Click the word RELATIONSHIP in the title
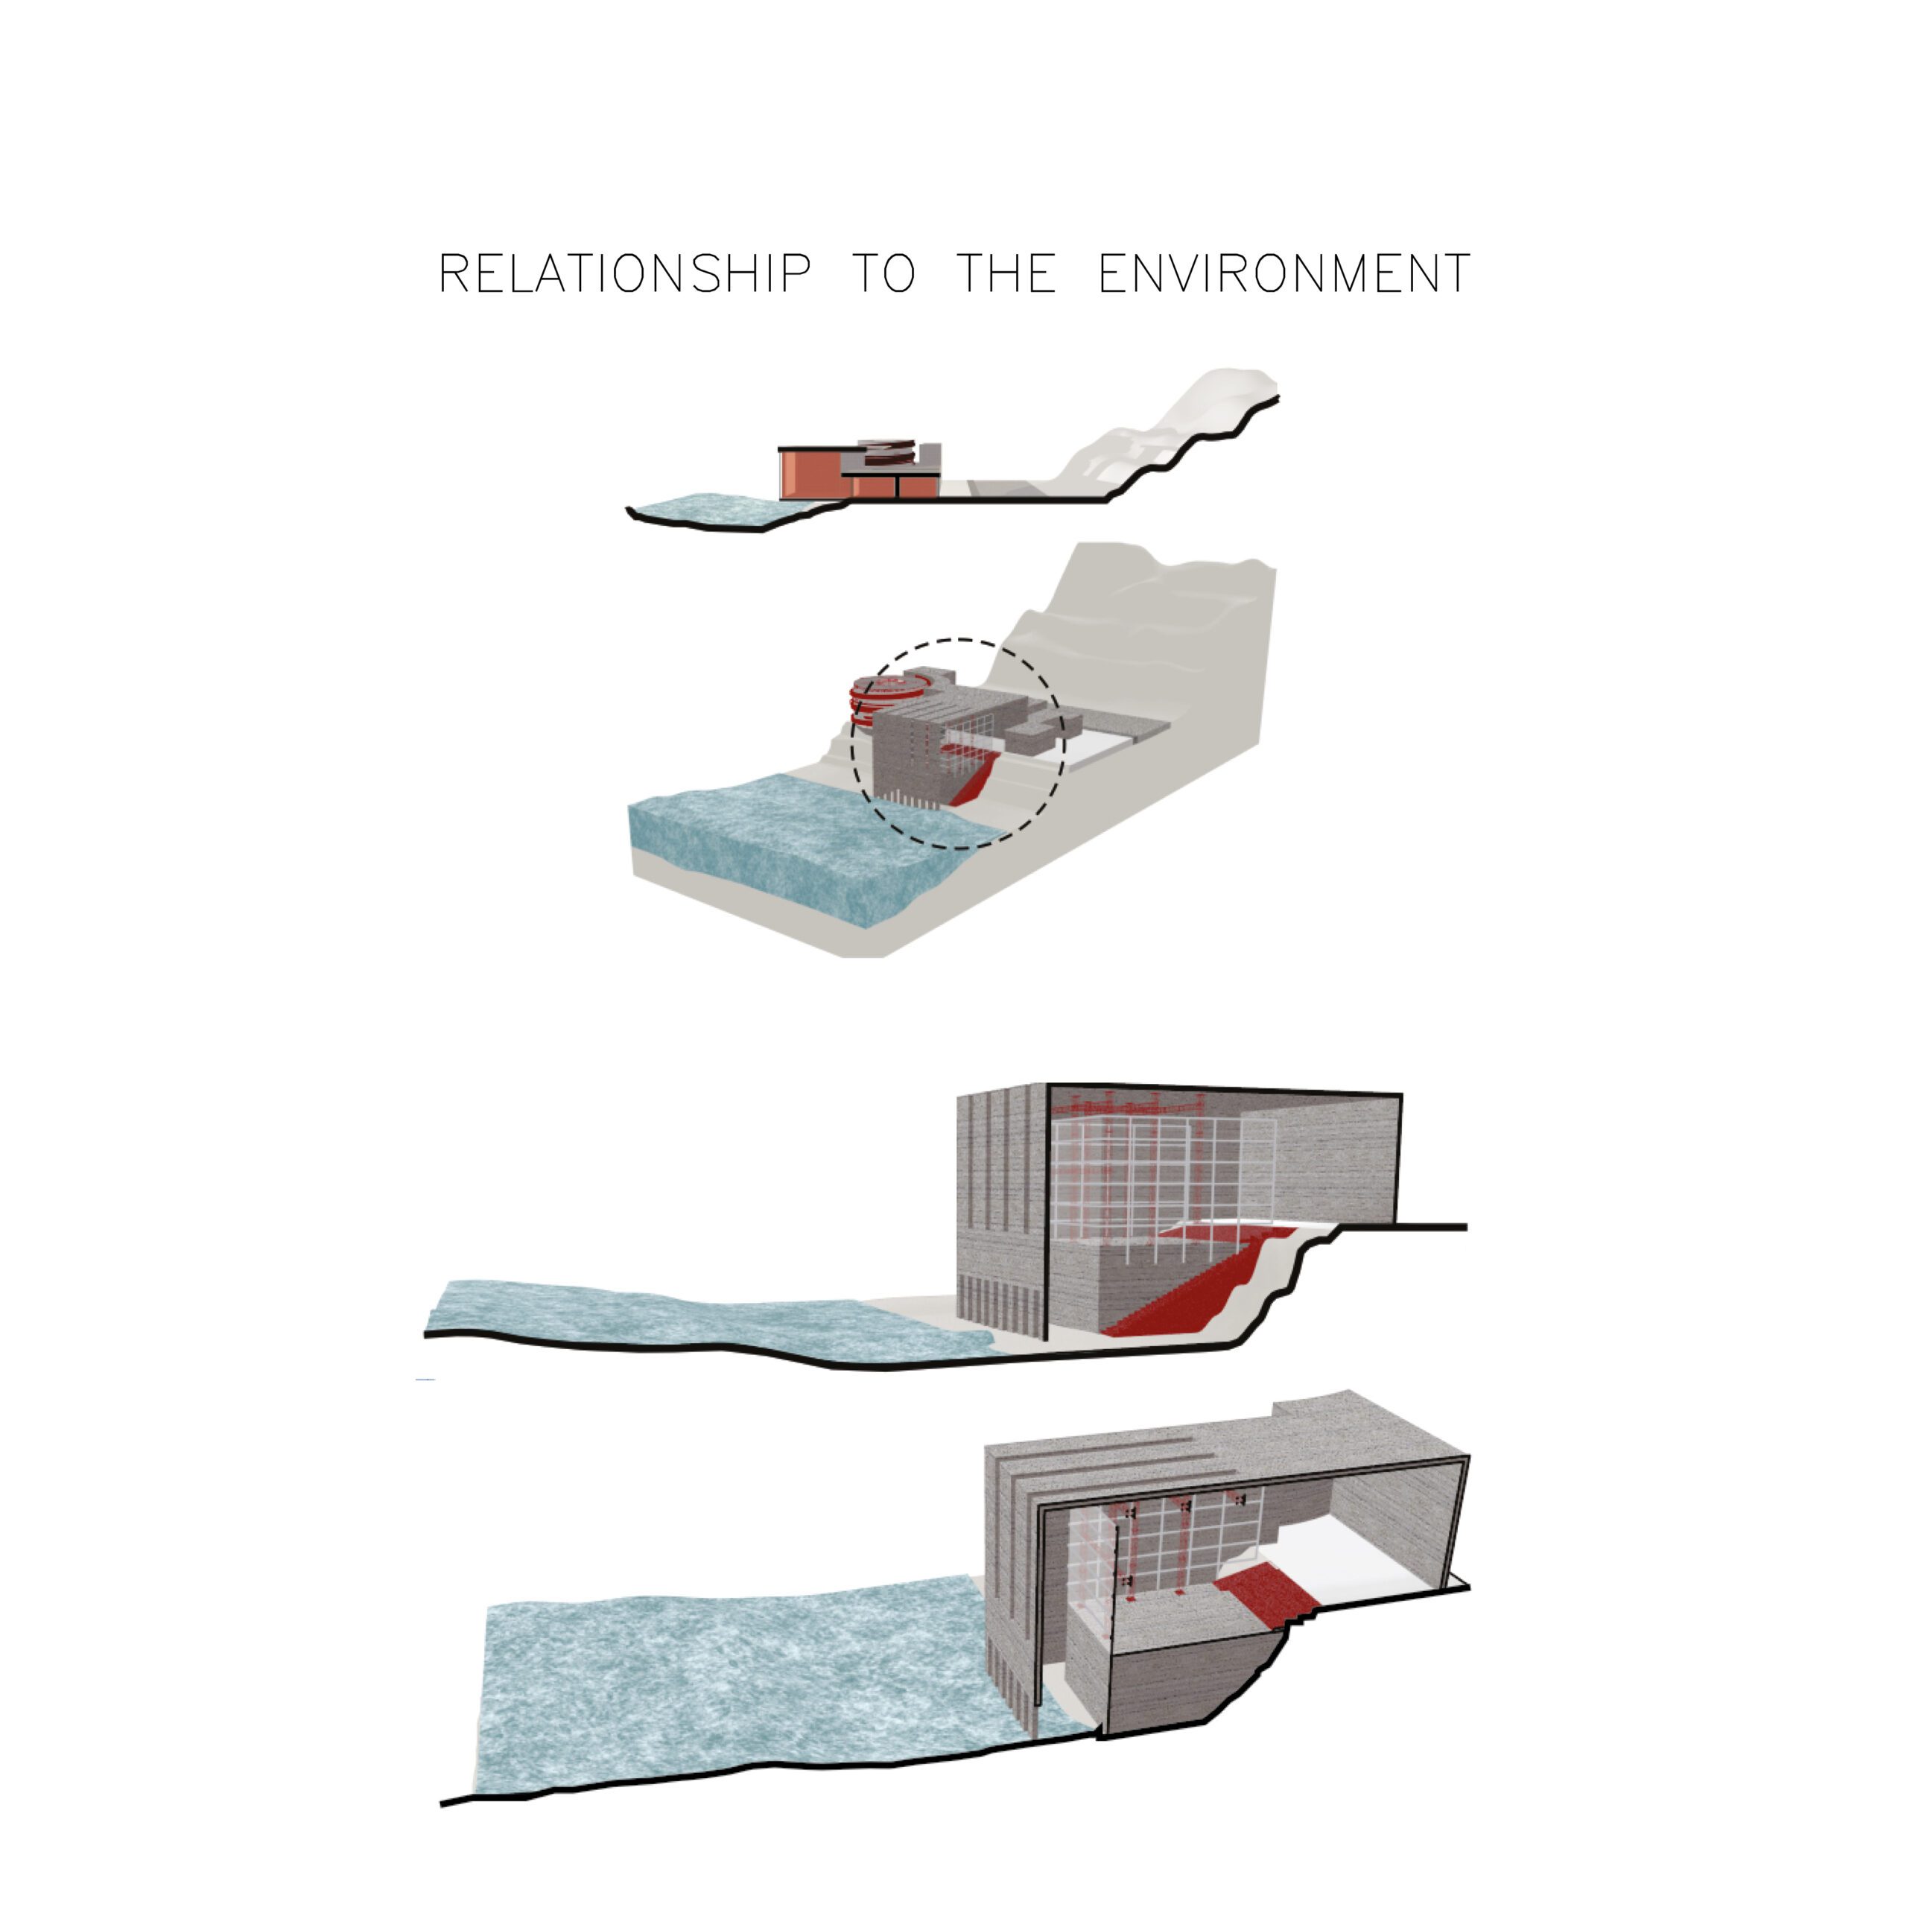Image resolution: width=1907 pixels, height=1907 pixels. [x=625, y=273]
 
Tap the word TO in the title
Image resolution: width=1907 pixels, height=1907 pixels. [x=883, y=273]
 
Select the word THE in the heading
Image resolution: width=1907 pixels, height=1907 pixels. [x=1006, y=273]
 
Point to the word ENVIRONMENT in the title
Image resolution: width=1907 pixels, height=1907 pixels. [x=1284, y=273]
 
